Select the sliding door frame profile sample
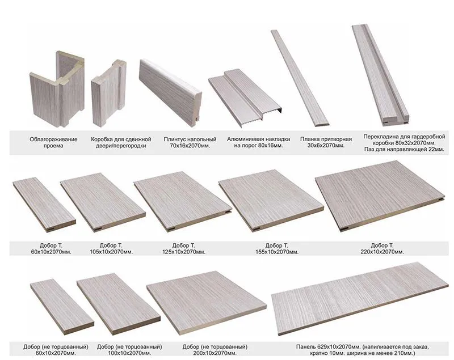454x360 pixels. coord(108,93)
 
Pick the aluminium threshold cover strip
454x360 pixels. coord(245,98)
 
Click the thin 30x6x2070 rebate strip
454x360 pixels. coord(300,78)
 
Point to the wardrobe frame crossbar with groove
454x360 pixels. coord(380,75)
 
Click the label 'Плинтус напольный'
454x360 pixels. coord(190,139)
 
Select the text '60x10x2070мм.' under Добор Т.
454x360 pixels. coord(51,252)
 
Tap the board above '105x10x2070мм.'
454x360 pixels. coord(103,202)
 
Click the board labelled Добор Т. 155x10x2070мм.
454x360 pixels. coord(271,200)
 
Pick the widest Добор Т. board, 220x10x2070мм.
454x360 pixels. coord(380,196)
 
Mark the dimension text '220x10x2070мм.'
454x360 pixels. coord(382,252)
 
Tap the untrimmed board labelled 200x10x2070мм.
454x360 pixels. coord(206,303)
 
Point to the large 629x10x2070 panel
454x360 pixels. coord(360,299)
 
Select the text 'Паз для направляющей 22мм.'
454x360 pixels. coord(404,150)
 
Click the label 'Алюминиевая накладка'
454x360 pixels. coord(258,139)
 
